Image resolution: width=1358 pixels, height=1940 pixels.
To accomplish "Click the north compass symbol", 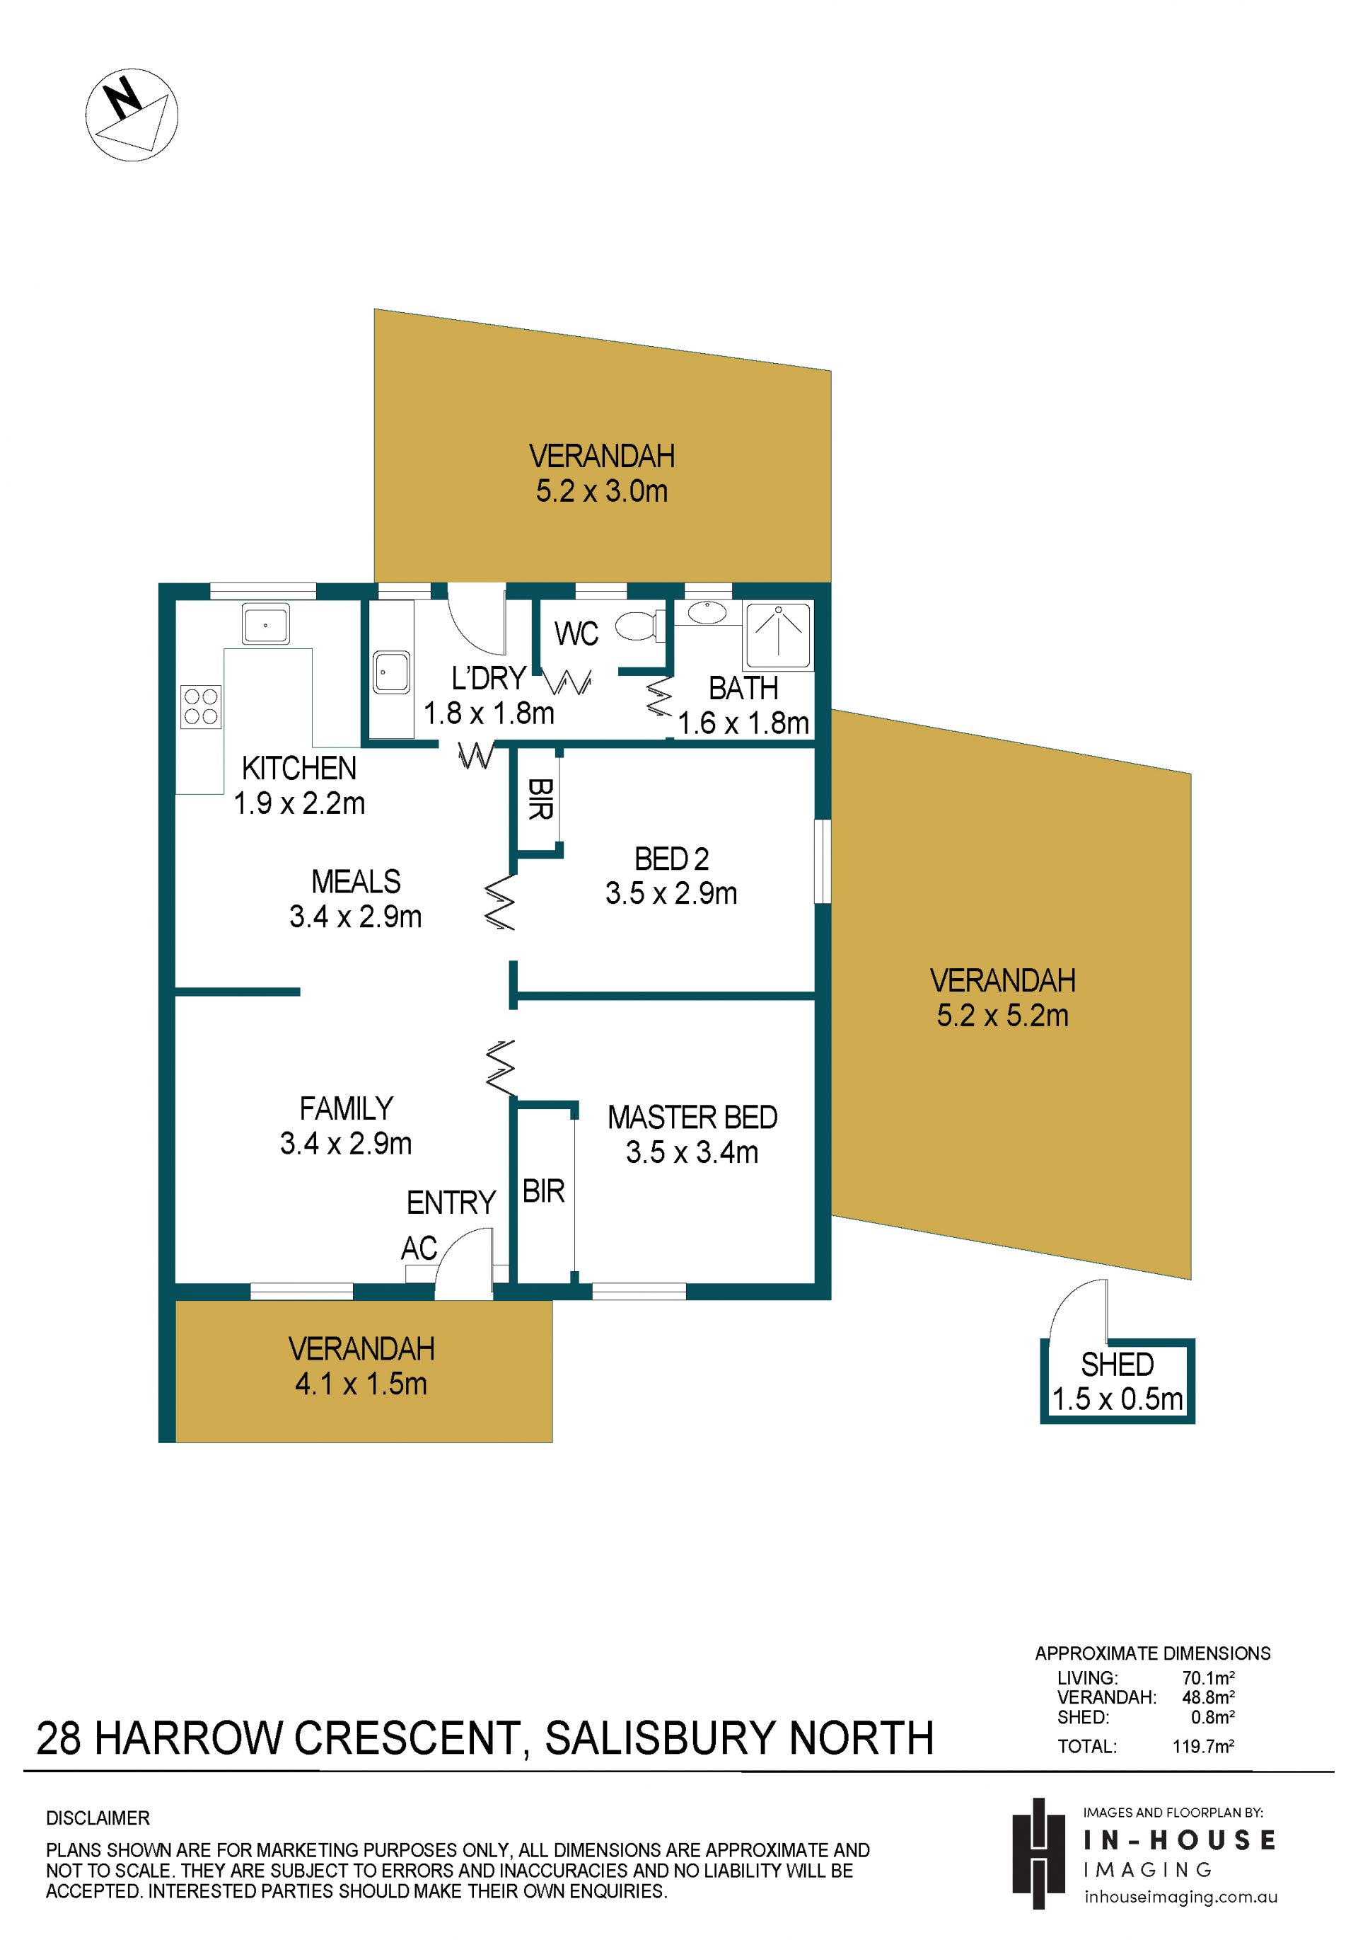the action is (132, 115).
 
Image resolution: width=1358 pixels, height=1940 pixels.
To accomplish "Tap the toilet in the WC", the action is (639, 627).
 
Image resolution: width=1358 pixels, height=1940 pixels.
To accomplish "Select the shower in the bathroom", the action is (778, 635).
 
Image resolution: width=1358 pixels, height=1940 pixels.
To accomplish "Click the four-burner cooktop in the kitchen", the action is (201, 706).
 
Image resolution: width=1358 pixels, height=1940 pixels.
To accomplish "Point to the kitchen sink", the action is (265, 624).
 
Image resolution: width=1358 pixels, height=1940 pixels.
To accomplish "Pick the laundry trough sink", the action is (392, 672).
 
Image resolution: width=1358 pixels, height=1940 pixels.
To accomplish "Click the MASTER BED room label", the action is (692, 1117).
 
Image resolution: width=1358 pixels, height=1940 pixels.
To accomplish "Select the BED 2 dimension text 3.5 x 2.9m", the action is (671, 893).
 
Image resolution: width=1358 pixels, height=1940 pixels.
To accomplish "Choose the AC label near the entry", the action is (419, 1248).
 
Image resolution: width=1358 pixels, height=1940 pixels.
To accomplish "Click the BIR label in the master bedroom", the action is (543, 1191).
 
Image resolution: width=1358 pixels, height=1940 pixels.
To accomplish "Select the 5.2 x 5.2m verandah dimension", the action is (1002, 1016).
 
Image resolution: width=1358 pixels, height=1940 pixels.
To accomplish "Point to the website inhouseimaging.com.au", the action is (1180, 1897).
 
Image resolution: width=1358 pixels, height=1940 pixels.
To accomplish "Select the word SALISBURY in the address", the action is (658, 1738).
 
